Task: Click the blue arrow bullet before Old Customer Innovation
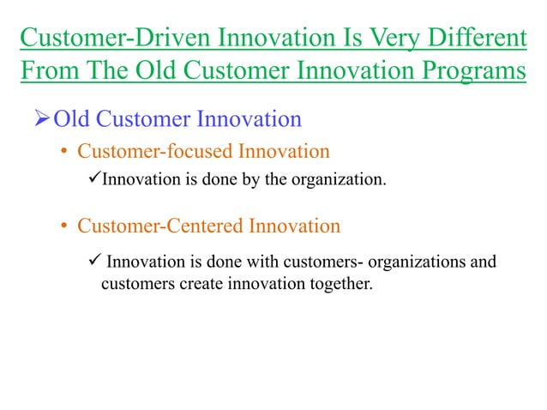[37, 118]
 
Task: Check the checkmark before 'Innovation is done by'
[95, 178]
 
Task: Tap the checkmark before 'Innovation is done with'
[95, 261]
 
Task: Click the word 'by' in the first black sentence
[251, 179]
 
